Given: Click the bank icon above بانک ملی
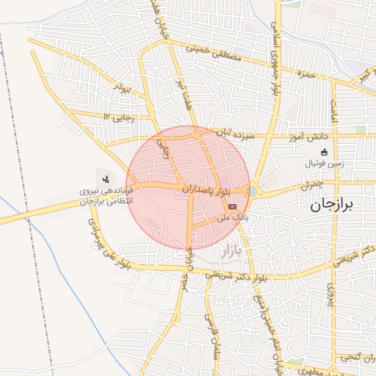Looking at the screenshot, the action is click(233, 206).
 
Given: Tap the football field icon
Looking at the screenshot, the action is click(324, 152).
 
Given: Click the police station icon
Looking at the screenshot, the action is click(106, 178).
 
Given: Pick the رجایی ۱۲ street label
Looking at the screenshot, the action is click(121, 116).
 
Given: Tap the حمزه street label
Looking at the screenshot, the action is click(305, 74).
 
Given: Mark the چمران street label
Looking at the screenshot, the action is click(311, 187).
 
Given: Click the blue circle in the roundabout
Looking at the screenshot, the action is click(253, 191).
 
